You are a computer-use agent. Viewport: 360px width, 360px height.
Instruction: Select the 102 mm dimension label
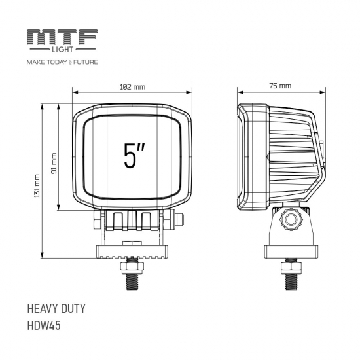[134, 88]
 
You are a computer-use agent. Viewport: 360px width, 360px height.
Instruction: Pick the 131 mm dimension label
[38, 185]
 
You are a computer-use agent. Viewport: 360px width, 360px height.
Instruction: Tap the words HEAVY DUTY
[56, 308]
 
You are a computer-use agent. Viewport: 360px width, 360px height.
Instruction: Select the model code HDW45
[44, 325]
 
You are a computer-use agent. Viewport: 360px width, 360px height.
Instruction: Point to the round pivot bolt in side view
[289, 219]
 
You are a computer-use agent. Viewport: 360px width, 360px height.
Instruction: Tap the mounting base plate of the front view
[133, 250]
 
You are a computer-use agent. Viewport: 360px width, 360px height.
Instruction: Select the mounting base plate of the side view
[290, 251]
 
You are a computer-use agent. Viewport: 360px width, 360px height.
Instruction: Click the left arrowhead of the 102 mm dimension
[75, 94]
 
